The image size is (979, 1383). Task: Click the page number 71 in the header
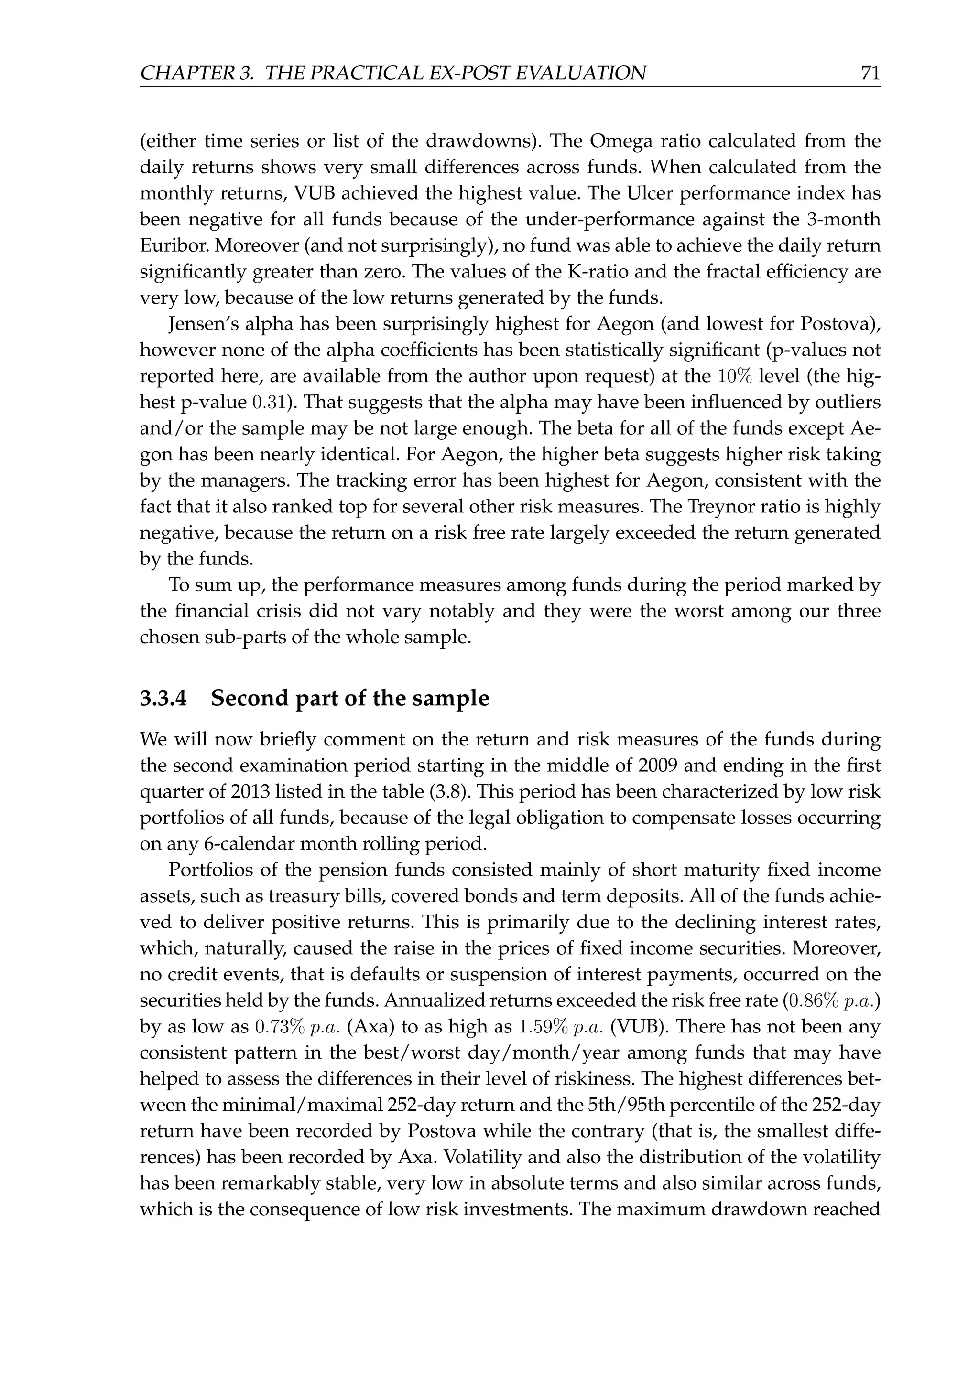click(x=870, y=74)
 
